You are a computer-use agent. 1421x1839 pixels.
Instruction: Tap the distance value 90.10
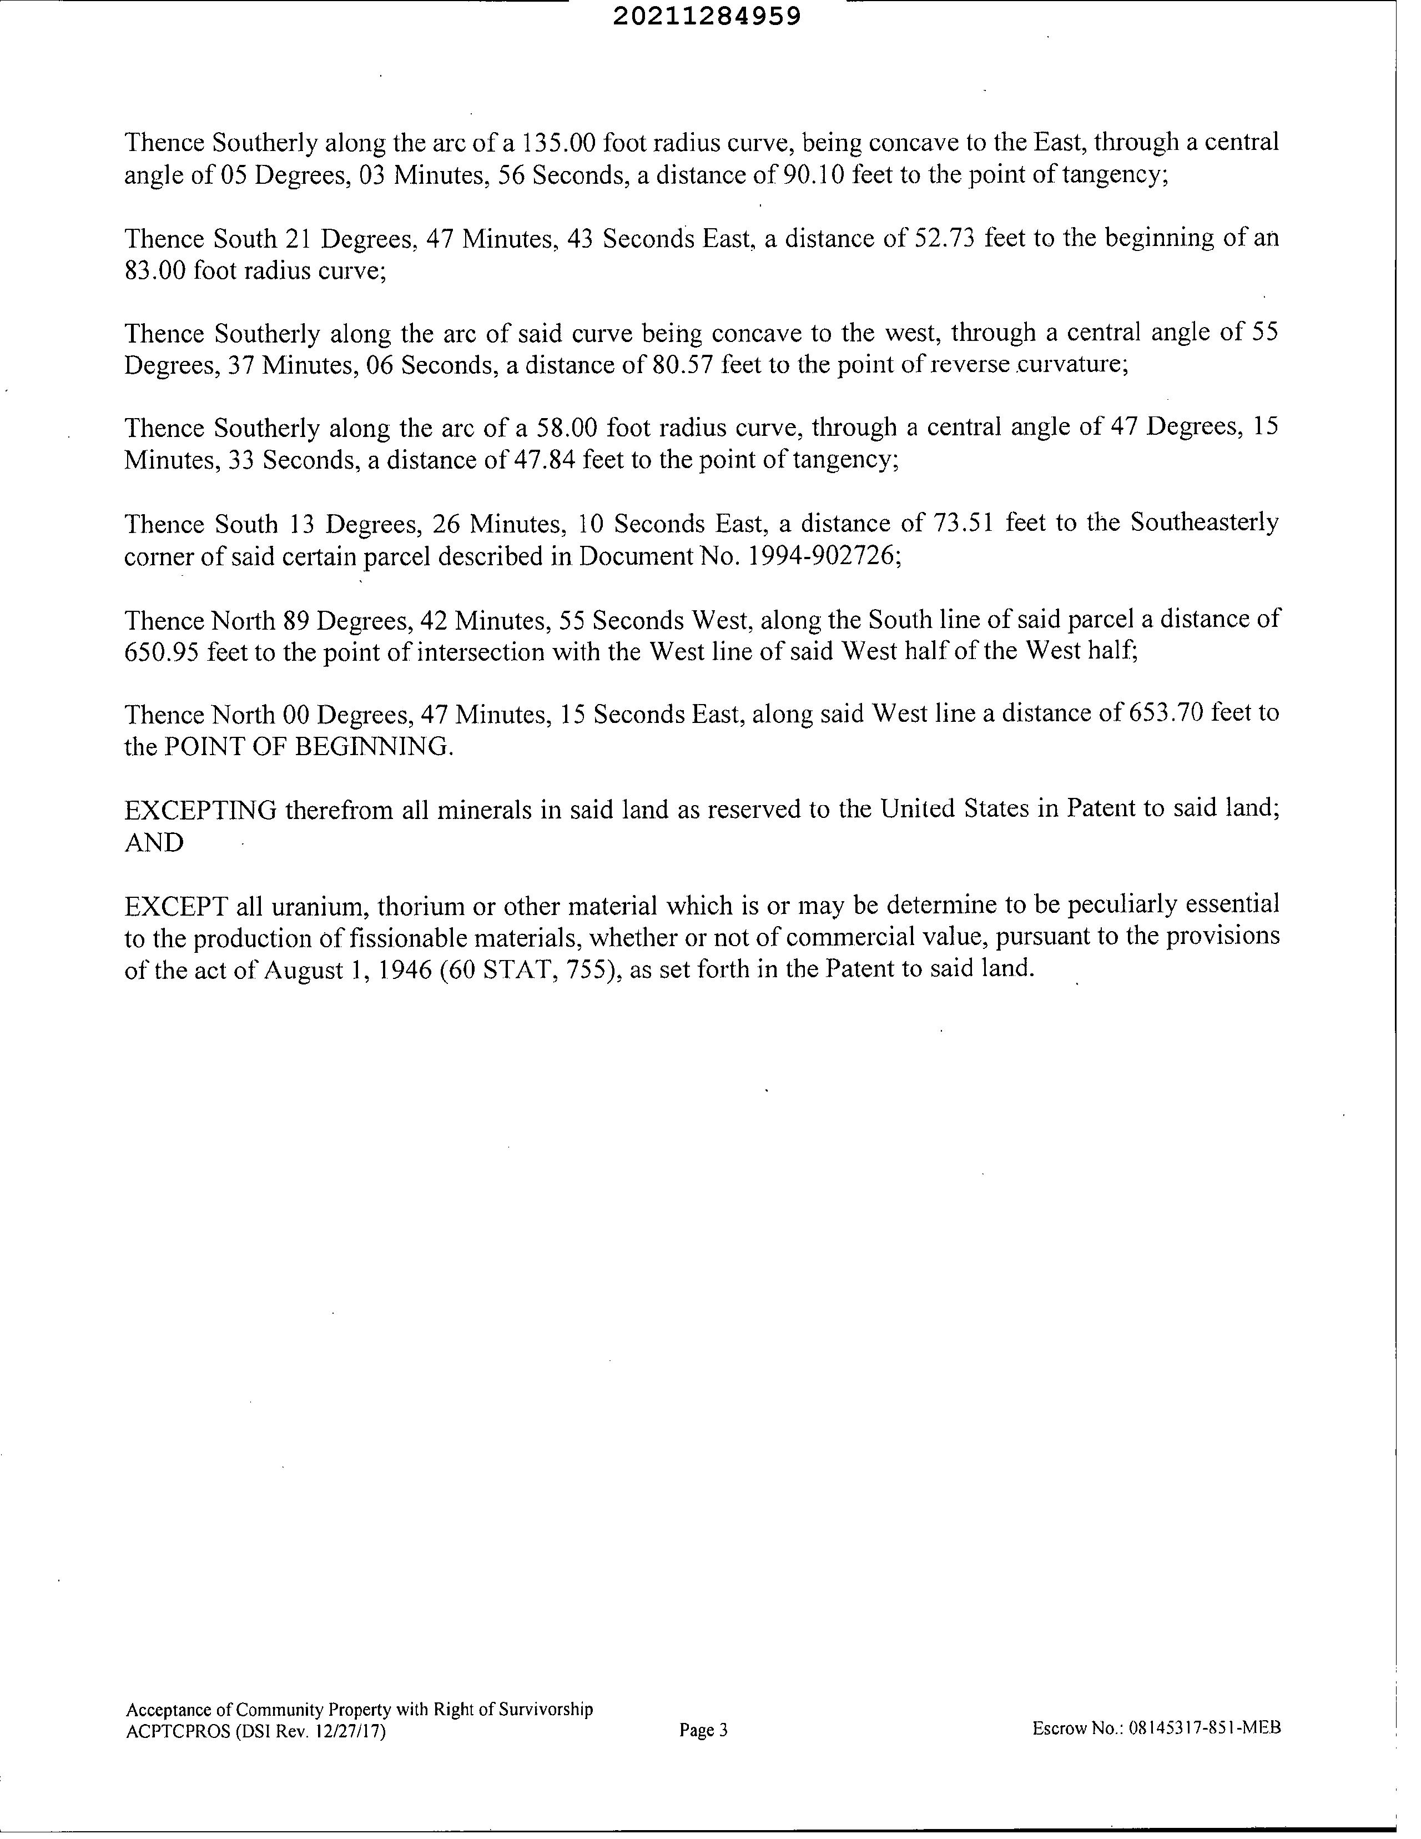tap(813, 175)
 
